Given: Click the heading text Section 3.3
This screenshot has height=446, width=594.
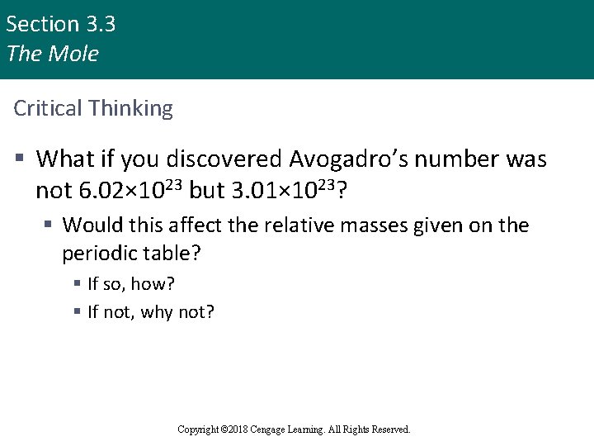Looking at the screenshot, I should click(60, 24).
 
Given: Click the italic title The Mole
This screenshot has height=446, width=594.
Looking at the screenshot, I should click(52, 54).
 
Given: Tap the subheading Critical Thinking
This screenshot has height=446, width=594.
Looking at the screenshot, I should click(93, 108).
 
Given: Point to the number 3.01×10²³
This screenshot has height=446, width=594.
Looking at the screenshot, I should click(282, 191).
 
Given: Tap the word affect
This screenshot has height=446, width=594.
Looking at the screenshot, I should click(199, 225).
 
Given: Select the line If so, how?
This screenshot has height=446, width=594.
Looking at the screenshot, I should click(131, 284).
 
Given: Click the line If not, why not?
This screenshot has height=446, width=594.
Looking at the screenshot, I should click(151, 311).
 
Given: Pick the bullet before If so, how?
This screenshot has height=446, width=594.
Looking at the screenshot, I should click(77, 284).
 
